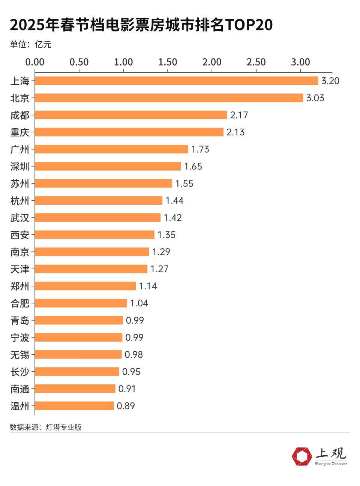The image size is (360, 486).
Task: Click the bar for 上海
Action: click(x=176, y=81)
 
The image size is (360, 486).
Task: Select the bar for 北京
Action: click(x=169, y=98)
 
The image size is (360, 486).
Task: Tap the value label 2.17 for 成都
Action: click(x=239, y=115)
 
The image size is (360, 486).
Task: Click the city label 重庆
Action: click(x=20, y=132)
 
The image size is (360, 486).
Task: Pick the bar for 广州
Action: click(x=111, y=149)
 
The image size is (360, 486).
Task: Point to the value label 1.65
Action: click(x=193, y=166)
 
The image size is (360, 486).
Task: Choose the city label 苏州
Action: click(x=20, y=184)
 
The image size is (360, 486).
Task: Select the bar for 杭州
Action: click(x=99, y=201)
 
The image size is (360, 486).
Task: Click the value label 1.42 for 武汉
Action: click(x=172, y=218)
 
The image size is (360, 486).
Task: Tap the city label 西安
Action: click(x=20, y=235)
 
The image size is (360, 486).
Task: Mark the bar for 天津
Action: click(x=91, y=269)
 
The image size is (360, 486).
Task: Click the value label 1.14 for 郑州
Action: click(x=148, y=286)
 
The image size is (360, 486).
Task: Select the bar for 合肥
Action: click(x=81, y=303)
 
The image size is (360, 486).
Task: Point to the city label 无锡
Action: click(x=20, y=355)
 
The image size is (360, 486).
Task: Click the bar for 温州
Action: click(x=74, y=406)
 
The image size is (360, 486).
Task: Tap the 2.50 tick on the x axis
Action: click(x=256, y=62)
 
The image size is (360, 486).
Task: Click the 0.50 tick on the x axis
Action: click(x=79, y=62)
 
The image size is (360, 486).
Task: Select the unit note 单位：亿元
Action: click(x=30, y=45)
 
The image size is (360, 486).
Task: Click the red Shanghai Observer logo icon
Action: click(x=302, y=457)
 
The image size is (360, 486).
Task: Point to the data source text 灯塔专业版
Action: click(x=64, y=427)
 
